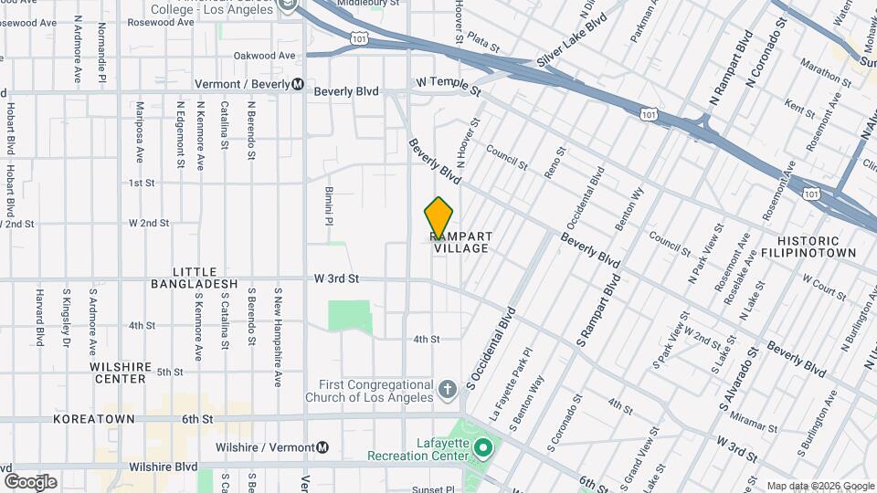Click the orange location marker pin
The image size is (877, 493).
click(x=438, y=218)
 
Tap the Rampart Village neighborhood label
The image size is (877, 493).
click(x=461, y=243)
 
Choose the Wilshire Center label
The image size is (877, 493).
click(x=119, y=372)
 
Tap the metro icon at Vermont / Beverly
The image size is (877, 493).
click(x=298, y=84)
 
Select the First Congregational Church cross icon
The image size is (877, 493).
click(x=447, y=390)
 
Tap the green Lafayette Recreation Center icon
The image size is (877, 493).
click(x=484, y=448)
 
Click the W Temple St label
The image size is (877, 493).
click(x=448, y=87)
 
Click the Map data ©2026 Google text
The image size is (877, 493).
click(x=819, y=486)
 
